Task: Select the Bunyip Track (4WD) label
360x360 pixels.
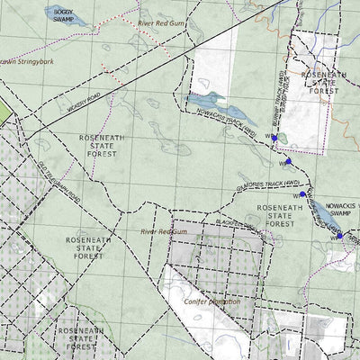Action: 282,94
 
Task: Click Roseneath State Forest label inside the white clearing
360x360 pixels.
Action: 323,83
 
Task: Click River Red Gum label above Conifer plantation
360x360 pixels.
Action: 162,231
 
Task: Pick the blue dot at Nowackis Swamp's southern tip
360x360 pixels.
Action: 339,236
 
